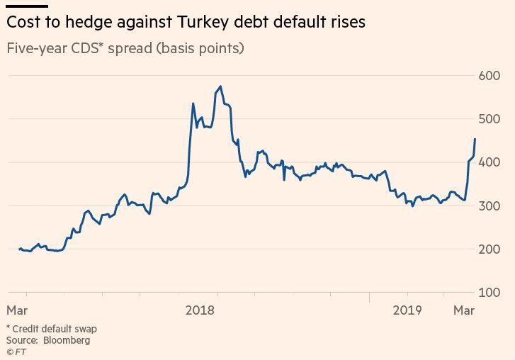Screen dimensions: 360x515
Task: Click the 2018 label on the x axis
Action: [200, 310]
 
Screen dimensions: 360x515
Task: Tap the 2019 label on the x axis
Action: [407, 310]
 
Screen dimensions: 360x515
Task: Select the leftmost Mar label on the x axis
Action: [17, 310]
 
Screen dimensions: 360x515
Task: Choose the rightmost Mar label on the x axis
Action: [463, 310]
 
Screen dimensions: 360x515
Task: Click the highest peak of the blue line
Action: [221, 86]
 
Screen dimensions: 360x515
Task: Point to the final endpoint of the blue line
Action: [475, 139]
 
